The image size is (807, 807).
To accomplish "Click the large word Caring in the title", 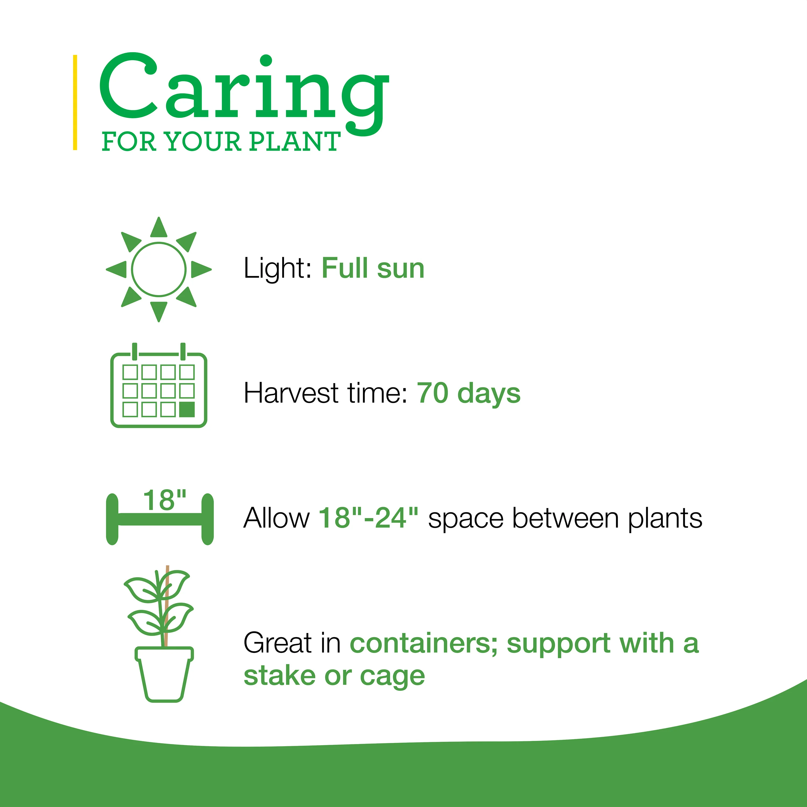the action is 244,94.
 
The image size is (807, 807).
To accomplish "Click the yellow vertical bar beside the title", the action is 75,102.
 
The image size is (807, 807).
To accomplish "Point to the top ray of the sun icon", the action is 159,228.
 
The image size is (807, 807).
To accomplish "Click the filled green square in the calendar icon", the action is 187,410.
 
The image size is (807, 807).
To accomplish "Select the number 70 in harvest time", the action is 433,394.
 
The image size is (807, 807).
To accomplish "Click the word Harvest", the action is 291,394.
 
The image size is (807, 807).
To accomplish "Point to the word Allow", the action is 277,518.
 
